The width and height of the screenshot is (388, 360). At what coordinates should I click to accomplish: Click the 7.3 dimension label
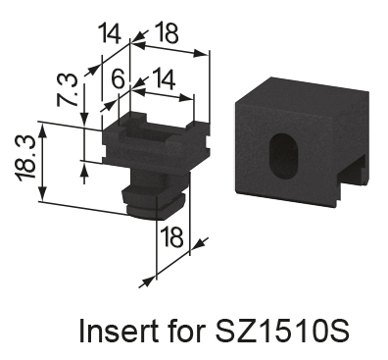(68, 90)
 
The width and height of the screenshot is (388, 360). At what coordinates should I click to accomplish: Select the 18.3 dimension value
(25, 158)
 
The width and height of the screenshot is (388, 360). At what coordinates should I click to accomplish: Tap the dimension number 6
(118, 79)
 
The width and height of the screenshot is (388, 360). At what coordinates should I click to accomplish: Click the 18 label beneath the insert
(171, 237)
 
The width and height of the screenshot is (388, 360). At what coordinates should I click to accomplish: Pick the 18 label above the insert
(167, 32)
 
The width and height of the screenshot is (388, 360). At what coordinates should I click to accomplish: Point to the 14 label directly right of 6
(164, 78)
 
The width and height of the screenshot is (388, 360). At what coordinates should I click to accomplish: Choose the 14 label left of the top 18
(110, 32)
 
